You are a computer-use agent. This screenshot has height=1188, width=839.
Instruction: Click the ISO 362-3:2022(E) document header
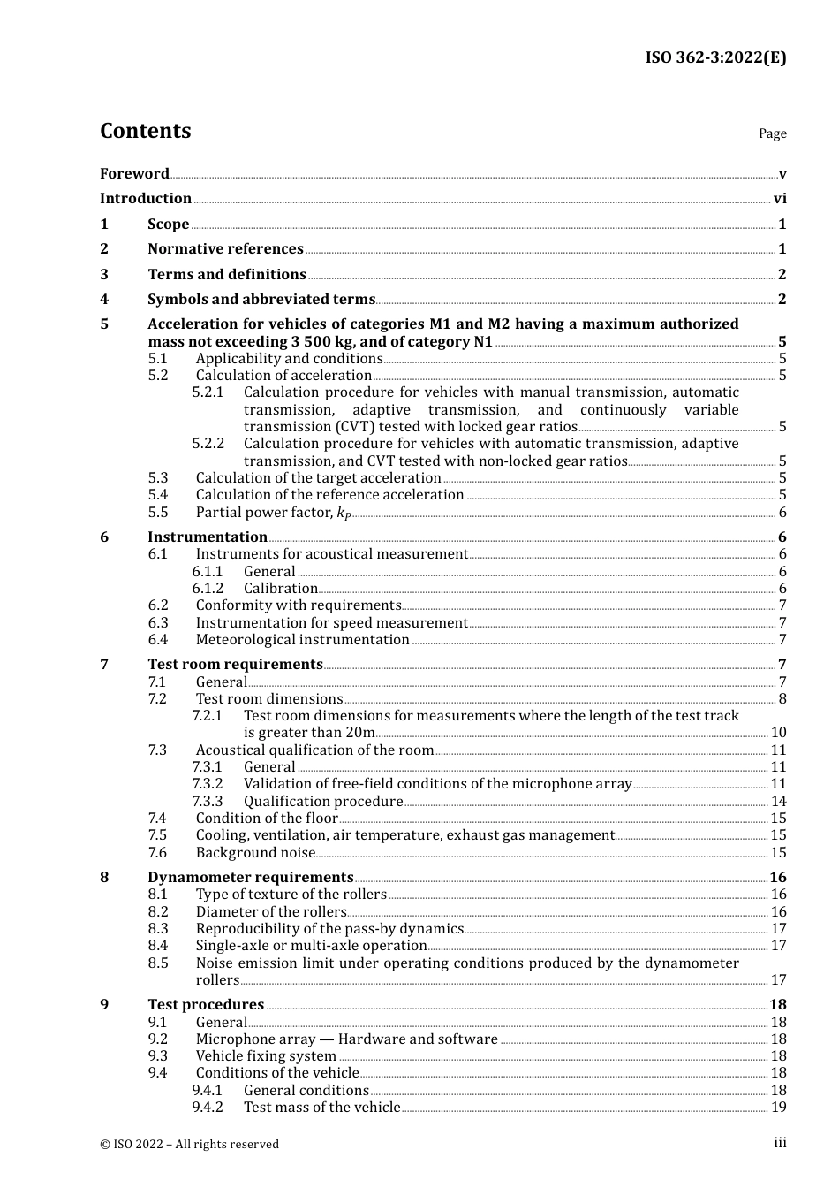click(715, 57)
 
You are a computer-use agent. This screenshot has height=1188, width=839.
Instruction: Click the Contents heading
click(145, 131)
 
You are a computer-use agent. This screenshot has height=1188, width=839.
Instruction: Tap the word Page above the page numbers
click(772, 133)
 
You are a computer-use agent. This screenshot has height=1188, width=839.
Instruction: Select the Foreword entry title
click(134, 173)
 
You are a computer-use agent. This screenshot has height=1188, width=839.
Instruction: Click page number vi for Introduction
click(780, 199)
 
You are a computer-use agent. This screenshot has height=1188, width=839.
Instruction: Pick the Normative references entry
click(225, 249)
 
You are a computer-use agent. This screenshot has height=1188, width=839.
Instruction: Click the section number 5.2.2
click(208, 444)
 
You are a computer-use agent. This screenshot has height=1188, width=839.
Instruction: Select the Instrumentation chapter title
click(208, 537)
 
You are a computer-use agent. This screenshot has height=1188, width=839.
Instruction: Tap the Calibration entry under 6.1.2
click(280, 589)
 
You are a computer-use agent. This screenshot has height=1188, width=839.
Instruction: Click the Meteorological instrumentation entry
click(302, 640)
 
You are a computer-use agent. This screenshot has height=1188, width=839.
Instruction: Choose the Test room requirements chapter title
click(235, 665)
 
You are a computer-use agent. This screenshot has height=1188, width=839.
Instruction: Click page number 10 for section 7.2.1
click(778, 733)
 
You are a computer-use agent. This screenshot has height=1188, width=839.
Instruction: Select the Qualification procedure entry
click(323, 802)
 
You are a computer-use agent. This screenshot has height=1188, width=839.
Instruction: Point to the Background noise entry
click(255, 853)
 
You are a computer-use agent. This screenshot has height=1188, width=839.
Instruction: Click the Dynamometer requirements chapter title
click(250, 878)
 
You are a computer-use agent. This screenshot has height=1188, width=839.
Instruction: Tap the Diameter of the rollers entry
click(271, 912)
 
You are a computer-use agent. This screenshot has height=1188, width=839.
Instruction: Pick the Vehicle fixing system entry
click(266, 1056)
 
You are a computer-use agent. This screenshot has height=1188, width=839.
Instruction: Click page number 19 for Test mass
click(778, 1108)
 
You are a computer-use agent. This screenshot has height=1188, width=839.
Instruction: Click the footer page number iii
click(780, 1143)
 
